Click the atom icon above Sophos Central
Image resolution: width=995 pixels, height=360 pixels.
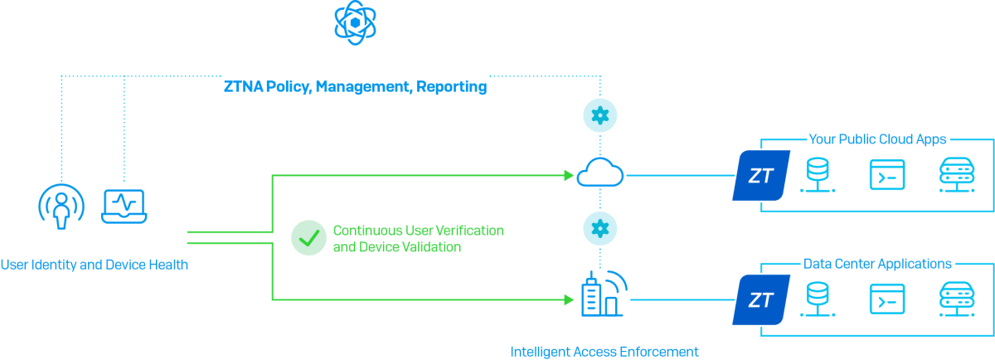354,24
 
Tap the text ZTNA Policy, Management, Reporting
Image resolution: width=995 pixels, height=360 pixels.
355,86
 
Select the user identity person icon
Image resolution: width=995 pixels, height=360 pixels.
61,207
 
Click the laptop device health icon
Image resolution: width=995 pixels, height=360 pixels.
124,206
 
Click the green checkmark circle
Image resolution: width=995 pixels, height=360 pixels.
308,238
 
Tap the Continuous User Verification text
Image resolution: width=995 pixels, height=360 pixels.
418,230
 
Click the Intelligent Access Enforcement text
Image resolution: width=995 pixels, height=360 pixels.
604,352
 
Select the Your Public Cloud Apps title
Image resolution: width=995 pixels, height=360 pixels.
877,140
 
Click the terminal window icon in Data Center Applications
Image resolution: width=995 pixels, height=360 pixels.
886,299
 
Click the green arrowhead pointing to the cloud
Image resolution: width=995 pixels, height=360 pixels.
569,175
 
